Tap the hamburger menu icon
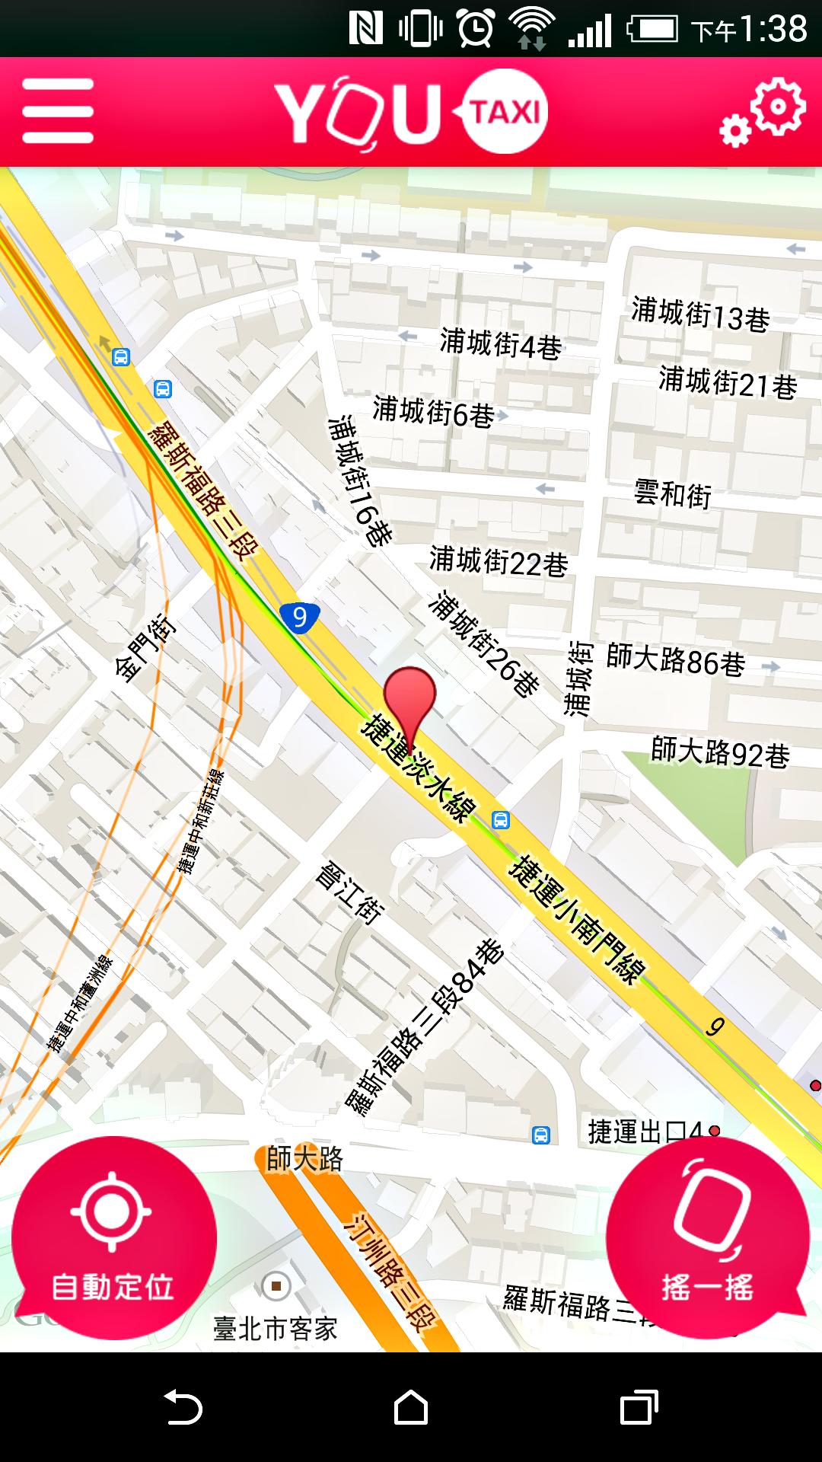click(58, 111)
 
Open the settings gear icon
click(763, 112)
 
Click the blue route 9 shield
click(299, 616)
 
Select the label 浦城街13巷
click(700, 314)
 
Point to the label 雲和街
click(673, 495)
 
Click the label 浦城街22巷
click(499, 563)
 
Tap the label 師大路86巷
click(676, 660)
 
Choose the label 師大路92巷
click(720, 753)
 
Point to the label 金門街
click(144, 649)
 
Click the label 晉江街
click(349, 892)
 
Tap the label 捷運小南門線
click(577, 919)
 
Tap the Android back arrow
click(183, 1406)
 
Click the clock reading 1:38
click(772, 29)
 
